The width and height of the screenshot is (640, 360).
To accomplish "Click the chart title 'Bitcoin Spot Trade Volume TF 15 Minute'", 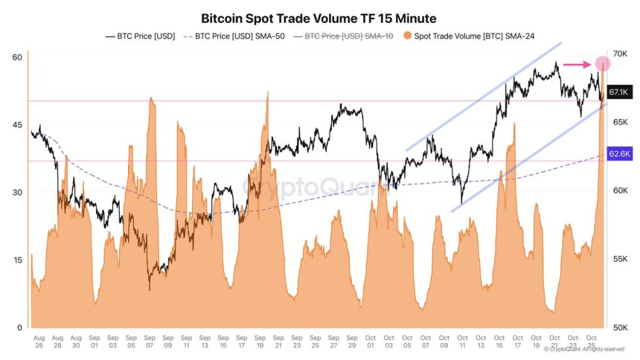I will (x=319, y=18).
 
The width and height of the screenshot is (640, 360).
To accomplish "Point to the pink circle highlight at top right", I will (x=602, y=63).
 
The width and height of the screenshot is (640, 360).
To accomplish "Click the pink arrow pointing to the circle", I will (x=577, y=64).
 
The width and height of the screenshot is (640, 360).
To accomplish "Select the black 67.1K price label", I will (x=618, y=92).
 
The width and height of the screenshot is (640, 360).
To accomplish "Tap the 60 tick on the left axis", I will (x=18, y=57).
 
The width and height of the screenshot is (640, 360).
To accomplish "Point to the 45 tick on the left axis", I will (x=18, y=125).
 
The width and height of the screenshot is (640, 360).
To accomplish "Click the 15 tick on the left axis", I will (x=18, y=259).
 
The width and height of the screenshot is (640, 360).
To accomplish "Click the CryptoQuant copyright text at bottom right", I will (x=584, y=349).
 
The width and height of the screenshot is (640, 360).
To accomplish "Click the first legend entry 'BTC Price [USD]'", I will (x=140, y=37).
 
